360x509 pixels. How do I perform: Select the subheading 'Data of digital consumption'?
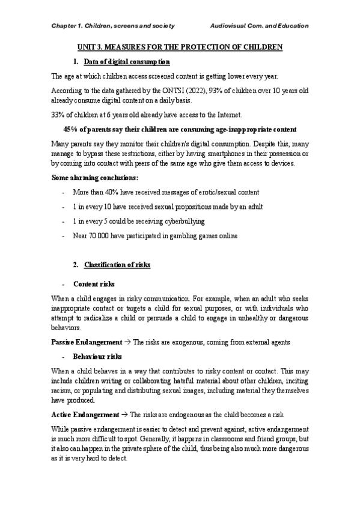pos(127,62)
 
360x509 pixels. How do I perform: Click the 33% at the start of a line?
pos(58,115)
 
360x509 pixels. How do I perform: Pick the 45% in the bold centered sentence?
pos(70,130)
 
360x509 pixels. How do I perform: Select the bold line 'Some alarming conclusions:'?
pos(95,178)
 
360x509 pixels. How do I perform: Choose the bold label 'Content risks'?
pos(94,283)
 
